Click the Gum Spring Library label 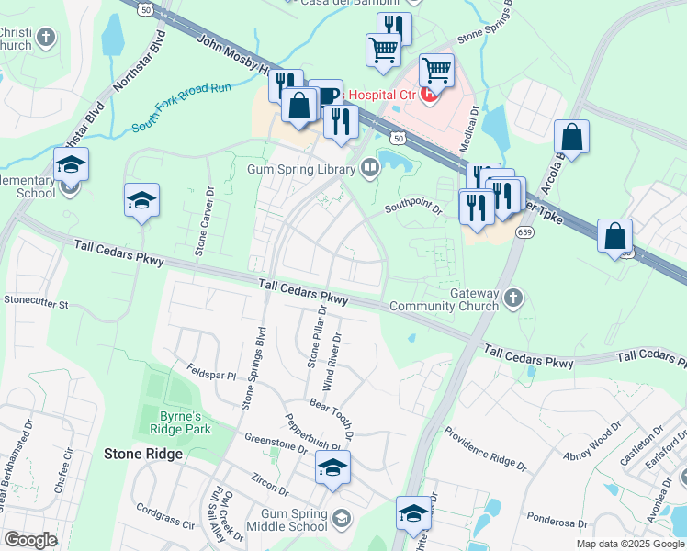(x=300, y=170)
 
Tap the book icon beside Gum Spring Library (x=369, y=167)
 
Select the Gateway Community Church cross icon (x=513, y=298)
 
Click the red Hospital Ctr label (x=383, y=95)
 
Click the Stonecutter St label (x=36, y=299)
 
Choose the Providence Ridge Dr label (x=485, y=448)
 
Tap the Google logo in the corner (x=30, y=540)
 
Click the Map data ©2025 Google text (x=629, y=544)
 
